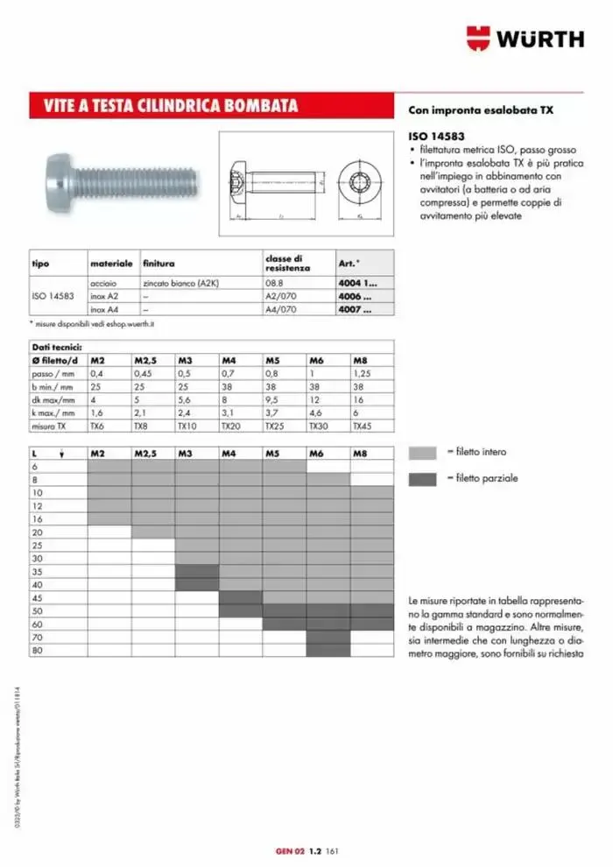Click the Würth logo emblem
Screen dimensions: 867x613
[480, 39]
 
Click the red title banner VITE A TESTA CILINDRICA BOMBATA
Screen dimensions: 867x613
[171, 106]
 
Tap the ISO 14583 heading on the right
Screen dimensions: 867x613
[436, 137]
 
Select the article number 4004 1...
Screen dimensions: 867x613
[357, 284]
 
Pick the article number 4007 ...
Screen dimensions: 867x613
[354, 309]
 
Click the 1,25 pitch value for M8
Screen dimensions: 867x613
[362, 374]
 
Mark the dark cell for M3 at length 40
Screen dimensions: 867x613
[196, 584]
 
